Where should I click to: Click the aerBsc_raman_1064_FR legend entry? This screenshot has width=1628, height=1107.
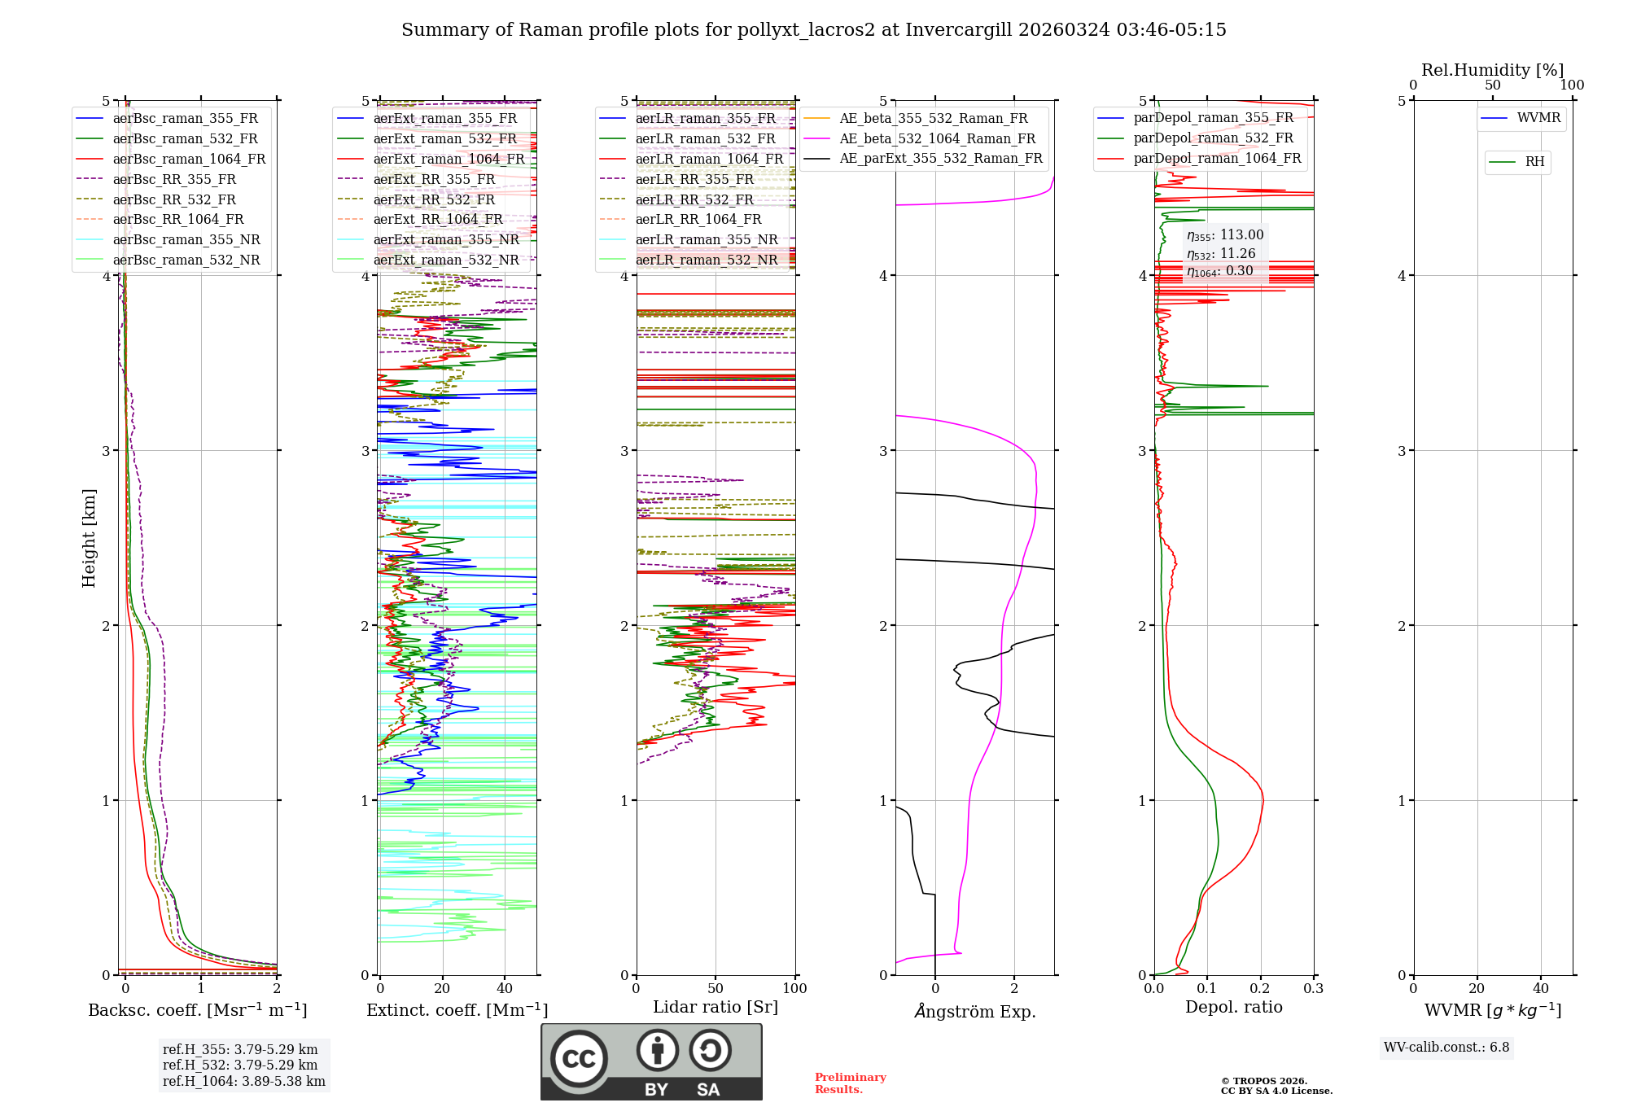[x=189, y=160]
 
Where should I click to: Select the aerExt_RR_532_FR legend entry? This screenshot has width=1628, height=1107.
[x=434, y=199]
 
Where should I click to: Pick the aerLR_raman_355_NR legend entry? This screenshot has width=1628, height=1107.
[x=706, y=239]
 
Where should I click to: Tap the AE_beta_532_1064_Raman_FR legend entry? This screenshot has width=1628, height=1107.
[x=937, y=138]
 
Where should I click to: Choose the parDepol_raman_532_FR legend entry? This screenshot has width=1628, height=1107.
[x=1213, y=138]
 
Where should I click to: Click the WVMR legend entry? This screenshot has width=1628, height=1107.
[x=1538, y=118]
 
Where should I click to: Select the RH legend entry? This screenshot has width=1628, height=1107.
[x=1534, y=162]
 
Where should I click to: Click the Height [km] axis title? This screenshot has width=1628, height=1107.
[x=89, y=538]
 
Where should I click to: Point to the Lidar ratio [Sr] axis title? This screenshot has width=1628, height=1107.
[x=715, y=1007]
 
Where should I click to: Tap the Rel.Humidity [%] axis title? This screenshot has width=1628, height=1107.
[x=1492, y=70]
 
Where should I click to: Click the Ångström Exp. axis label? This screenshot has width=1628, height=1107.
[x=974, y=1012]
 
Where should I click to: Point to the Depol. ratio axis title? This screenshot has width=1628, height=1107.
[x=1233, y=1007]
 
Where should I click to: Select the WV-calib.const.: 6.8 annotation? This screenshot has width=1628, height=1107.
[x=1446, y=1048]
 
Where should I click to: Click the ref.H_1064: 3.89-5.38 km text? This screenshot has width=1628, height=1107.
[x=243, y=1082]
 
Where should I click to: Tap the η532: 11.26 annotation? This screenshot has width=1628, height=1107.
[x=1221, y=254]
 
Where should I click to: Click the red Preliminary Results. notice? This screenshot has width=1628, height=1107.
[x=850, y=1083]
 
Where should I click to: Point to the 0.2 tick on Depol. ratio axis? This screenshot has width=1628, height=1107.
[x=1260, y=988]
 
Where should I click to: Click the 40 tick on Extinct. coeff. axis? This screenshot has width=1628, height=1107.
[x=505, y=988]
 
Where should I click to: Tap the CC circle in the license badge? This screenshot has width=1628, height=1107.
[x=579, y=1058]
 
